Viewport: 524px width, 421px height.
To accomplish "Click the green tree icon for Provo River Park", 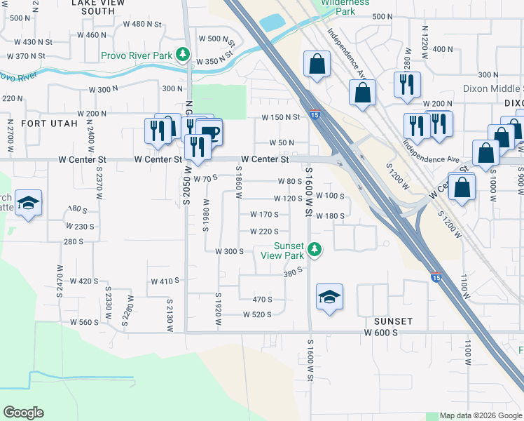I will [183, 53].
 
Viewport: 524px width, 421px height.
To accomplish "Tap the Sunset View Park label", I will [289, 250].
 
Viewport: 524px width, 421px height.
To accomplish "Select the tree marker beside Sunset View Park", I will [315, 248].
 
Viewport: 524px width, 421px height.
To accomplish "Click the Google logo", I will [23, 413].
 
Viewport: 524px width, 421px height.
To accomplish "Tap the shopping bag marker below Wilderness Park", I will [317, 65].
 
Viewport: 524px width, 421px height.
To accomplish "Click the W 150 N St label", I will [281, 118].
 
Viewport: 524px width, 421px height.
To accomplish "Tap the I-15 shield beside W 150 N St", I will [315, 115].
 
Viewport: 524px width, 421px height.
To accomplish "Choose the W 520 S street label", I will [257, 314].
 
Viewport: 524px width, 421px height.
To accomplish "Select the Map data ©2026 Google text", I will [480, 415].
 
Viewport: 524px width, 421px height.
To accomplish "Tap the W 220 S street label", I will [264, 232].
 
